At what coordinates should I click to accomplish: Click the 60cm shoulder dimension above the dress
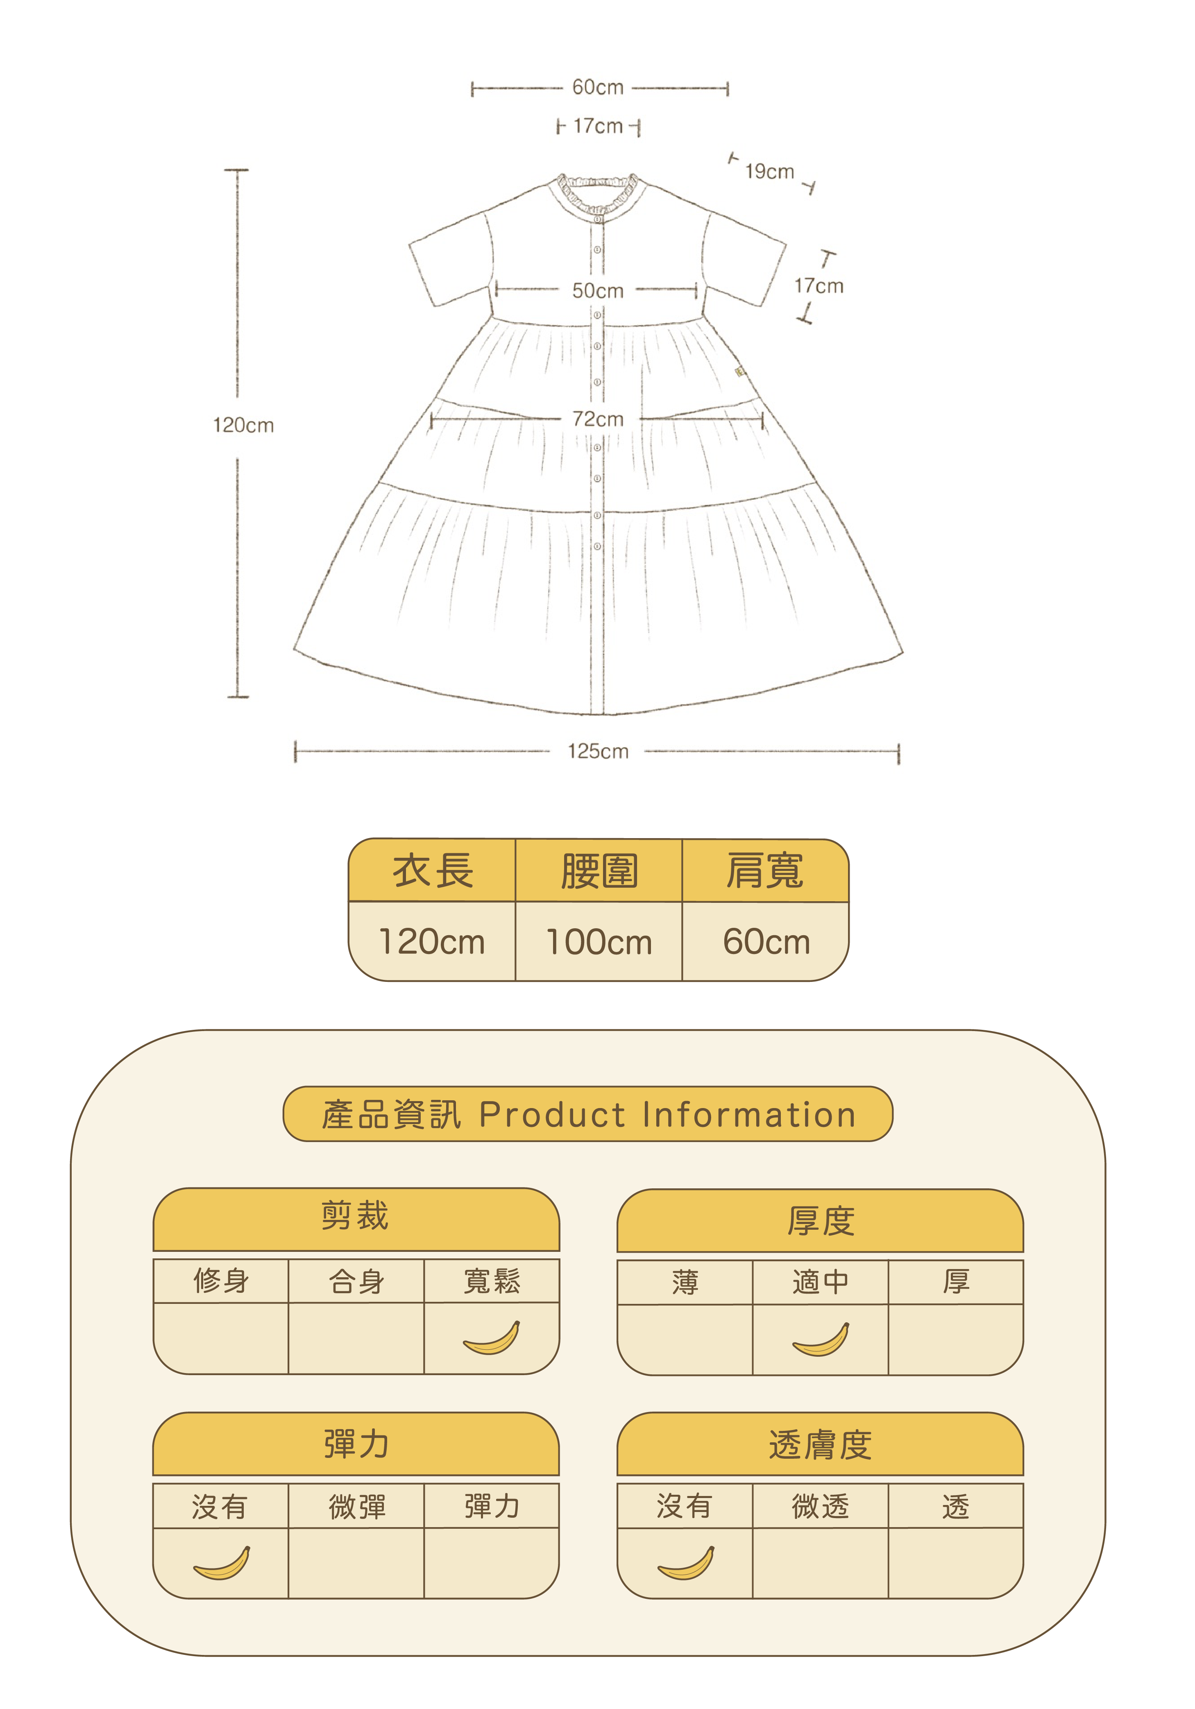click(597, 88)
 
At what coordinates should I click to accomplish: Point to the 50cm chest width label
click(597, 291)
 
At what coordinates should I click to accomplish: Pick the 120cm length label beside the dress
click(243, 426)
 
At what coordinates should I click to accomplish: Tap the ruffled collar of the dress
click(598, 192)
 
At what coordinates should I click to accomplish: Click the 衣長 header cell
click(433, 871)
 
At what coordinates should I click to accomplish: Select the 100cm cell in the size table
click(599, 942)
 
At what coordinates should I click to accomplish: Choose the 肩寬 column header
click(765, 871)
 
